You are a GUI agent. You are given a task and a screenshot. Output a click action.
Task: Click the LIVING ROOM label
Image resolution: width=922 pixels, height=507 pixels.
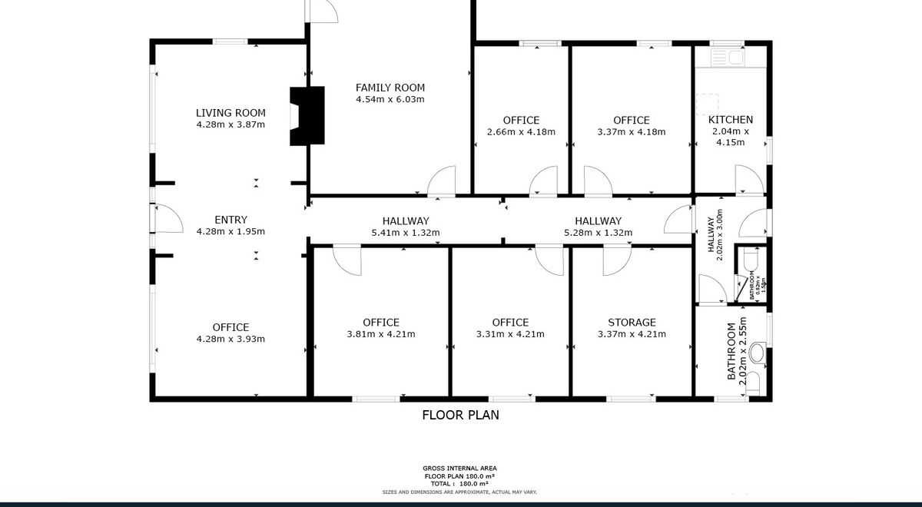coord(230,113)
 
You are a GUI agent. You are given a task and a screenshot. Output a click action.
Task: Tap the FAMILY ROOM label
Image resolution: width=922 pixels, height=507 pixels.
coord(390,88)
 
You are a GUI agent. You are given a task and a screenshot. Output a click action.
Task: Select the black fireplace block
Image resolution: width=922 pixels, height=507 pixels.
coord(307,116)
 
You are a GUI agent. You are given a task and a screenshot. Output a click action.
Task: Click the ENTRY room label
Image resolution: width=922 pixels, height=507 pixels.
coord(230,220)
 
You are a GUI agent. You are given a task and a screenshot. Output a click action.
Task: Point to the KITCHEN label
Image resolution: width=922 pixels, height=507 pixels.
coord(730,120)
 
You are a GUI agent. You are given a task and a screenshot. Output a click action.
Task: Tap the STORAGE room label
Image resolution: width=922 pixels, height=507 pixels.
coord(632,322)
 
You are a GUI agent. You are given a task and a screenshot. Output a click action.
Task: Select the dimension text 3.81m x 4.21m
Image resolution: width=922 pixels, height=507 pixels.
coord(381,334)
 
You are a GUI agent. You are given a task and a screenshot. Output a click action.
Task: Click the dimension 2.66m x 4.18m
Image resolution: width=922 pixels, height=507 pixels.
coord(521,132)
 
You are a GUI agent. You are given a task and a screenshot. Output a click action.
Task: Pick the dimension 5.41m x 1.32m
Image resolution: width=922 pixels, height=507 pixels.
coord(405,233)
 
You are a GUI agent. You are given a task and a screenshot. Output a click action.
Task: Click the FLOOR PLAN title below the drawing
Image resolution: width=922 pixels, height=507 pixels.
coord(461,415)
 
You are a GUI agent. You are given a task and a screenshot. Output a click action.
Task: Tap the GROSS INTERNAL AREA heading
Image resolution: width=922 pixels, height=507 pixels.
coord(459,469)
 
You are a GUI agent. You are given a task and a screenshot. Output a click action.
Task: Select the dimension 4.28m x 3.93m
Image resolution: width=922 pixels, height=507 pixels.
coord(230,339)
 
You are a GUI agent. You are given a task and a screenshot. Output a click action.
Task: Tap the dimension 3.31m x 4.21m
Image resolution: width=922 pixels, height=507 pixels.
coord(510,334)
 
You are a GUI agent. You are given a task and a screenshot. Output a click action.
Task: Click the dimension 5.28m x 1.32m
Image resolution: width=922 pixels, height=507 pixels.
coord(598,233)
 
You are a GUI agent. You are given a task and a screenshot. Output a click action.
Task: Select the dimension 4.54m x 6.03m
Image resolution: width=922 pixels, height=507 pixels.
coord(390,100)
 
